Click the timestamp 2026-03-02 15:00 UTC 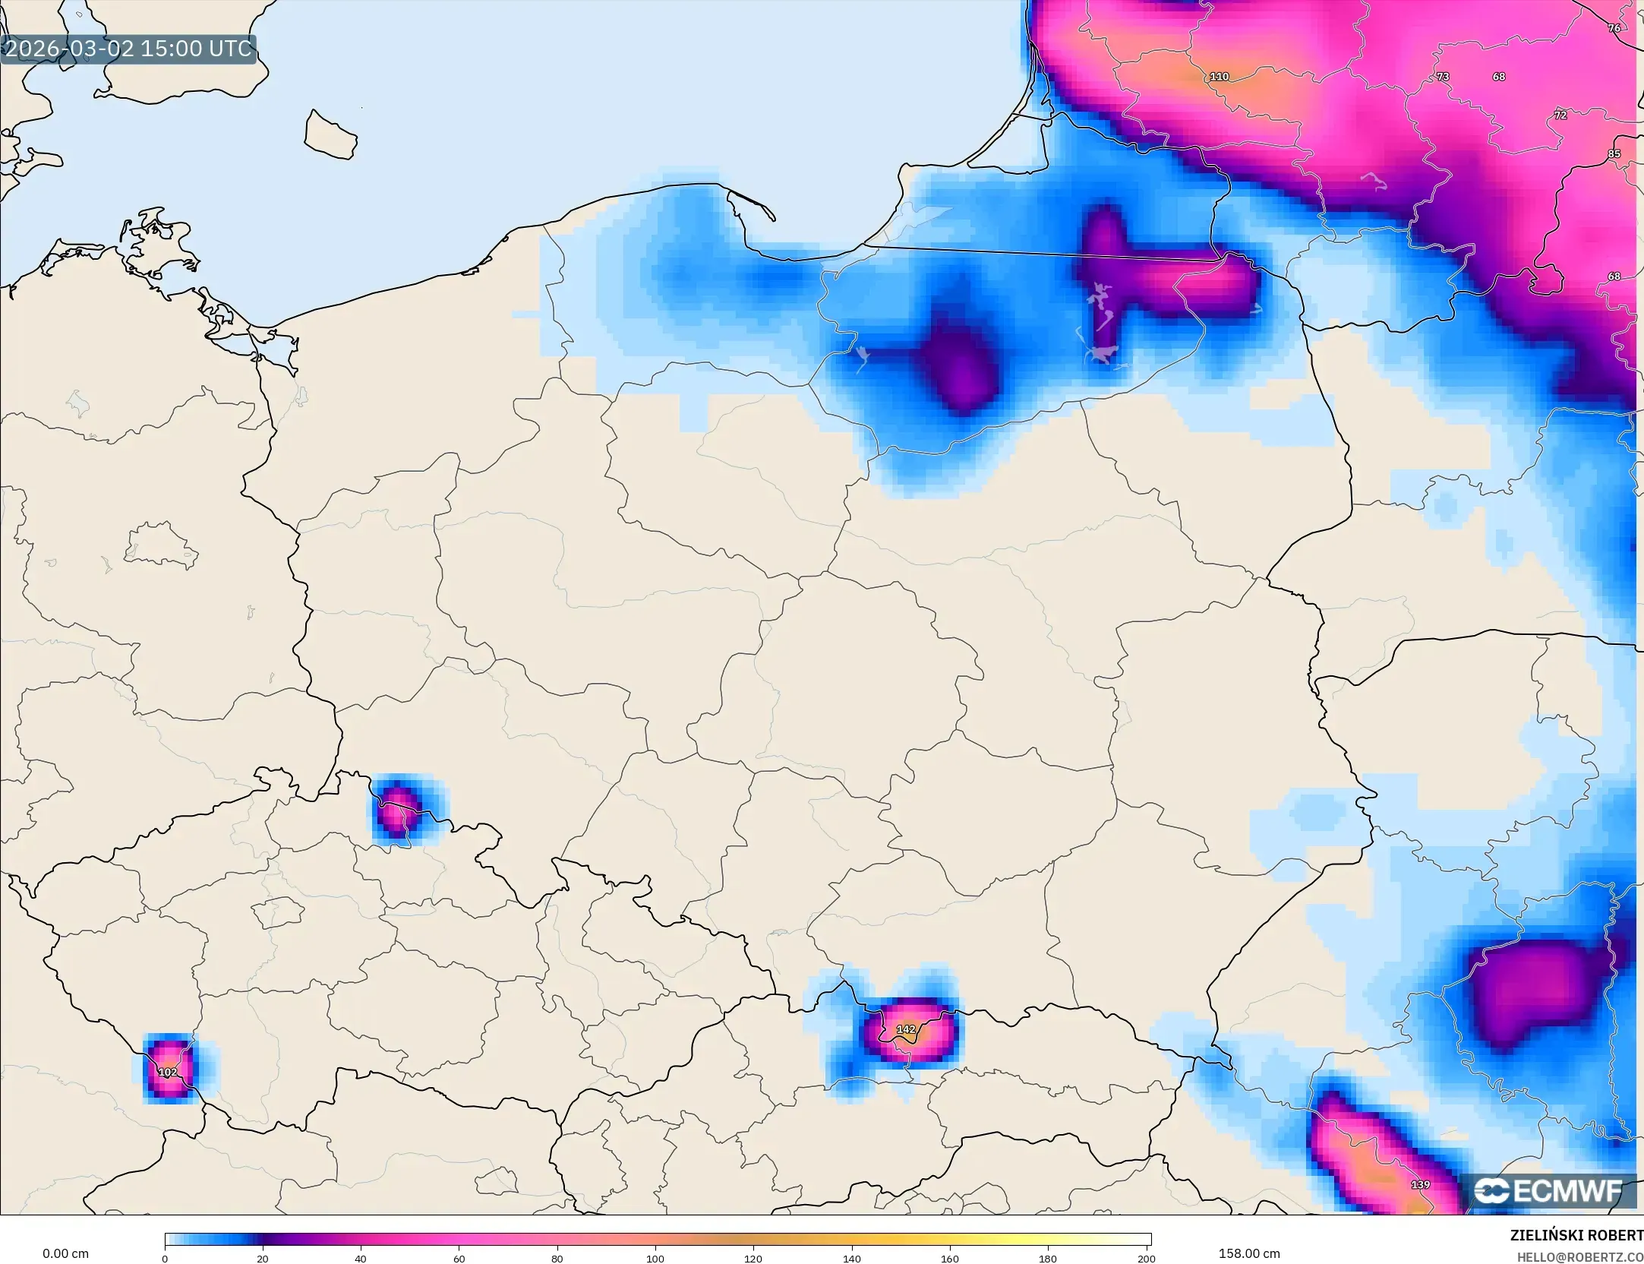pyautogui.click(x=128, y=49)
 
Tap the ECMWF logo pyautogui.click(x=1549, y=1190)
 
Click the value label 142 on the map pyautogui.click(x=906, y=1029)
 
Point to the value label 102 pyautogui.click(x=167, y=1072)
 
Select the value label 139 pyautogui.click(x=1420, y=1184)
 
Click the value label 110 pyautogui.click(x=1219, y=77)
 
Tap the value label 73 pyautogui.click(x=1443, y=77)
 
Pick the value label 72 pyautogui.click(x=1560, y=115)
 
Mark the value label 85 pyautogui.click(x=1614, y=154)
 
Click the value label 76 pyautogui.click(x=1614, y=28)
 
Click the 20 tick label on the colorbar pyautogui.click(x=263, y=1259)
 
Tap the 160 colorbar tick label pyautogui.click(x=950, y=1259)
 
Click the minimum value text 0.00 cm pyautogui.click(x=65, y=1253)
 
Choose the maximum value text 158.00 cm pyautogui.click(x=1249, y=1253)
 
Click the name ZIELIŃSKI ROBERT pyautogui.click(x=1576, y=1235)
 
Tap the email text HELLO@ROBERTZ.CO pyautogui.click(x=1579, y=1257)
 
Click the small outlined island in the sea pyautogui.click(x=330, y=134)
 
